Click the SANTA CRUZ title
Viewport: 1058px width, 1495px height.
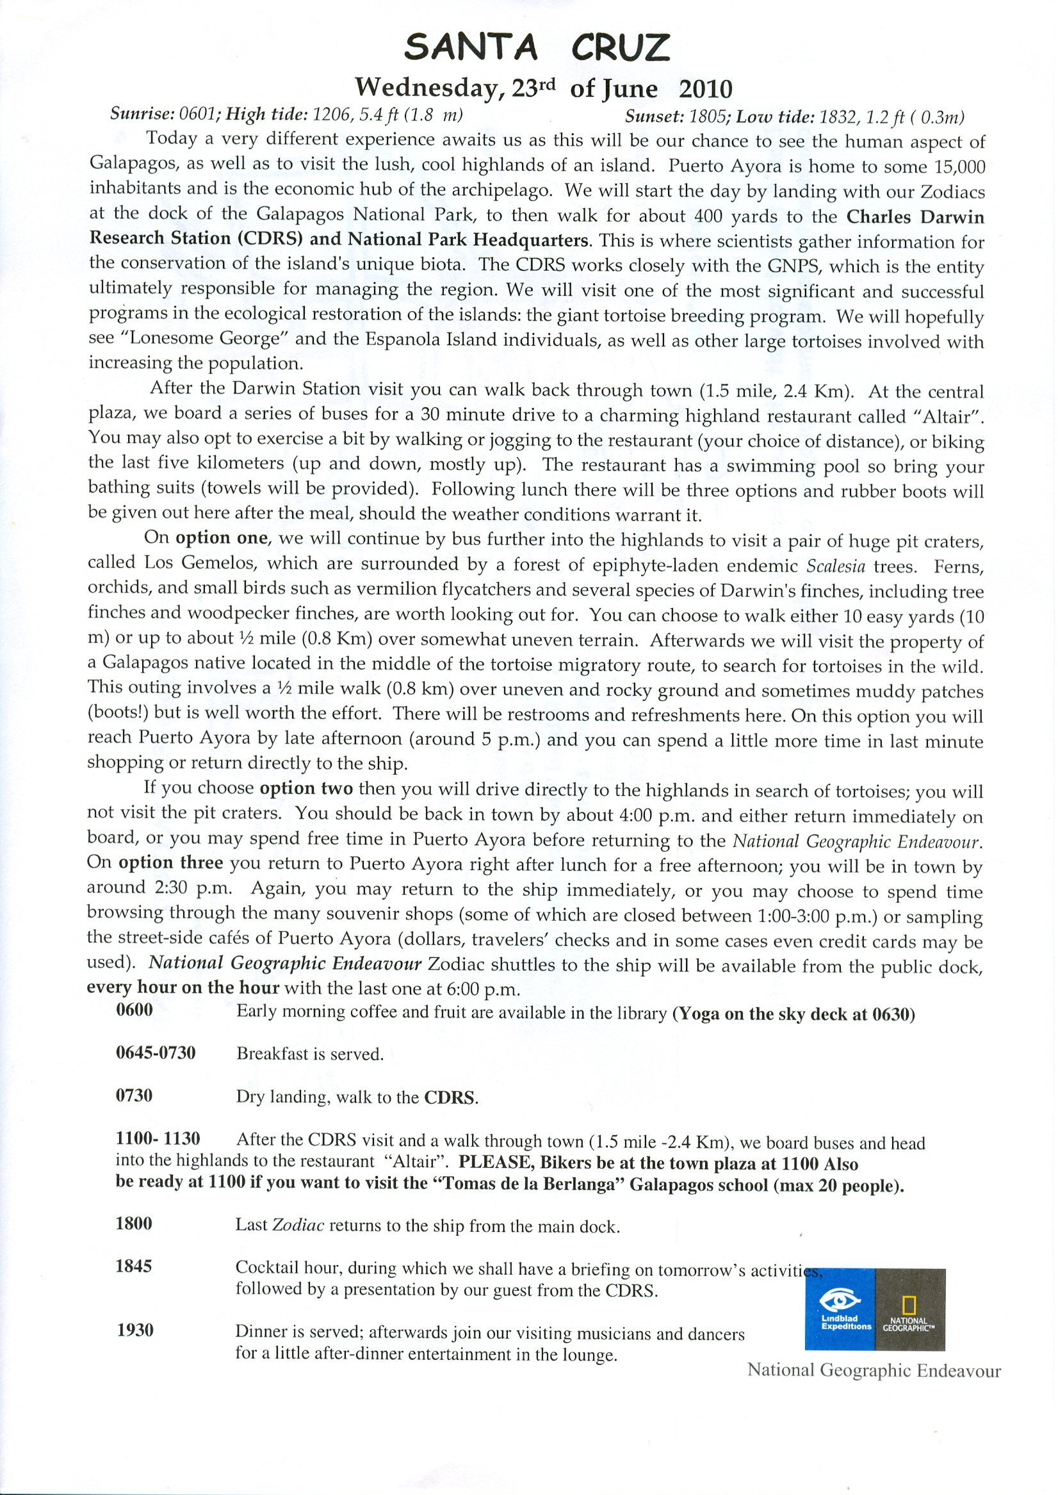click(x=537, y=47)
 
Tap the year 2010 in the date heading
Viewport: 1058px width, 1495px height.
click(x=706, y=88)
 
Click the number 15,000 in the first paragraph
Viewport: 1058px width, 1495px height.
click(x=959, y=166)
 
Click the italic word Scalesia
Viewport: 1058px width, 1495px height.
click(x=836, y=566)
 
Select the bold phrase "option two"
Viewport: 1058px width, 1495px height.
click(x=306, y=789)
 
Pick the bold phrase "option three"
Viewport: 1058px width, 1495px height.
click(x=171, y=863)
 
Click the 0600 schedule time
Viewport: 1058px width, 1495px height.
click(x=135, y=1010)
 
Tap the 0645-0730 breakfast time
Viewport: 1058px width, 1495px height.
click(x=156, y=1053)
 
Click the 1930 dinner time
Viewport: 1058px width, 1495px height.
click(x=135, y=1330)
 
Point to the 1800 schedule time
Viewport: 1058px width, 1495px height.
click(x=134, y=1223)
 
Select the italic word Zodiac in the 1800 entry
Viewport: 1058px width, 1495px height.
click(x=298, y=1225)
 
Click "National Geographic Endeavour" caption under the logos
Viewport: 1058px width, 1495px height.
click(x=874, y=1370)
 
